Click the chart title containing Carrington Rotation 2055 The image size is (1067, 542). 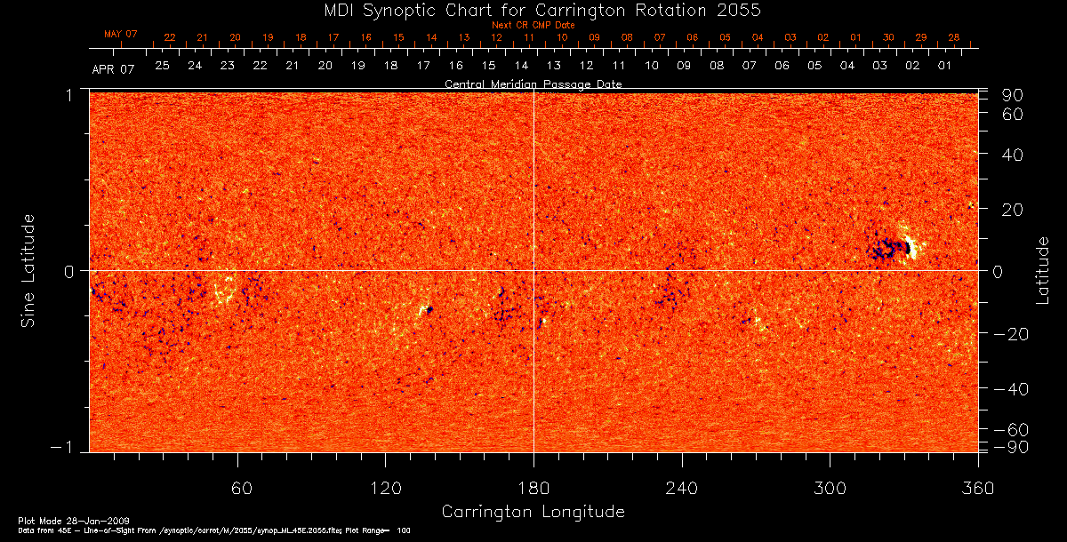(533, 10)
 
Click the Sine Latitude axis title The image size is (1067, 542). (29, 270)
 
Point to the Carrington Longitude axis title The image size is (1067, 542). (533, 512)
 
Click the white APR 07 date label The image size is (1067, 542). (114, 69)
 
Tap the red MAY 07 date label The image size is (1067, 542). (121, 34)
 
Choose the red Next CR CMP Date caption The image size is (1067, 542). (533, 25)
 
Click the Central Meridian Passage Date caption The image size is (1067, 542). (533, 84)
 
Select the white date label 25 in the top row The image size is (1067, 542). (162, 66)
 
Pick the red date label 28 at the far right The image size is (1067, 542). (953, 37)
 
